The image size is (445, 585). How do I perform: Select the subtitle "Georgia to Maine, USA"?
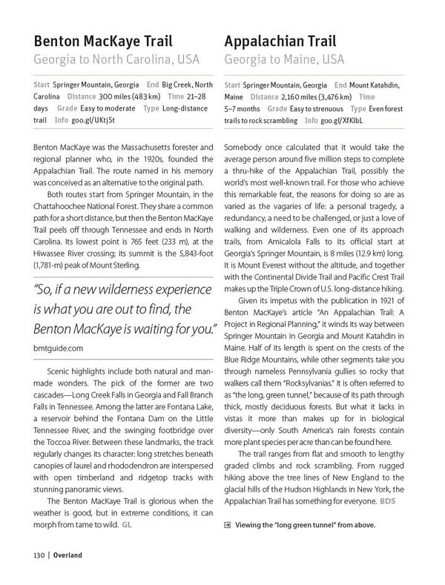tap(284, 58)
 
